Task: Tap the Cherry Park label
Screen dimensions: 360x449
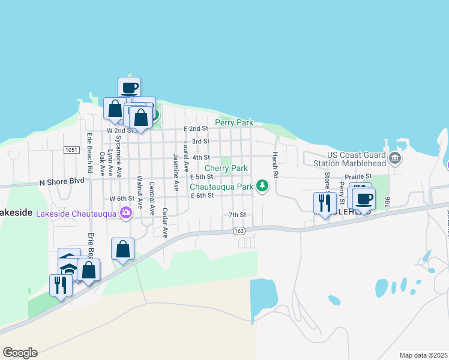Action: (226, 169)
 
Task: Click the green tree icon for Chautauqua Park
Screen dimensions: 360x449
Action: (262, 187)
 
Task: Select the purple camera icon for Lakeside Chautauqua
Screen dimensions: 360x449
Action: (125, 212)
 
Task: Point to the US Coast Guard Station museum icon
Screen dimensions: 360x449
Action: (394, 158)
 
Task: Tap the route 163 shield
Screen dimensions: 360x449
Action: (239, 230)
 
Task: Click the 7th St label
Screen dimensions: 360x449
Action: (238, 215)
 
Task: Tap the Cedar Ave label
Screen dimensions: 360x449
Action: (166, 223)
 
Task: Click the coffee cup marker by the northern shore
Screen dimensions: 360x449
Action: (129, 88)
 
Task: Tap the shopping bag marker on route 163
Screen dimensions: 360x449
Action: (122, 249)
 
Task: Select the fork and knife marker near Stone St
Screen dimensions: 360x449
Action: (324, 203)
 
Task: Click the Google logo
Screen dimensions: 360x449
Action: (20, 353)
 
